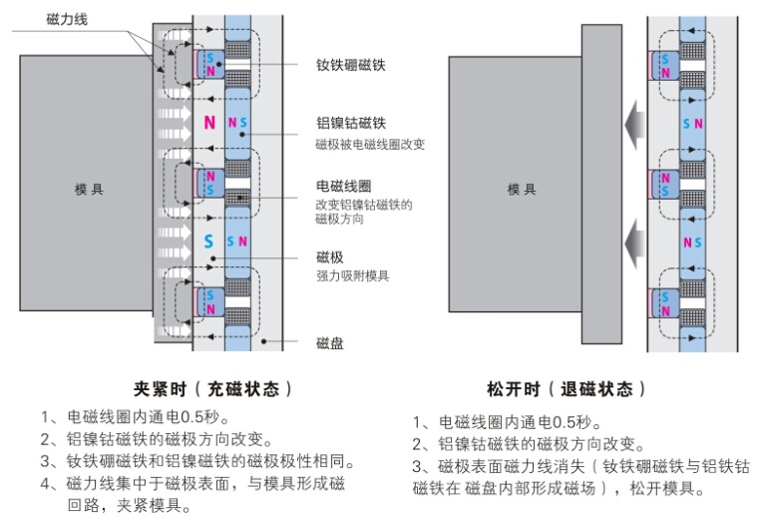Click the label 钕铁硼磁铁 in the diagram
(350, 65)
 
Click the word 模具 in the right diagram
(521, 189)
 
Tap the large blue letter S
(208, 241)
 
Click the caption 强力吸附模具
(352, 274)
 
